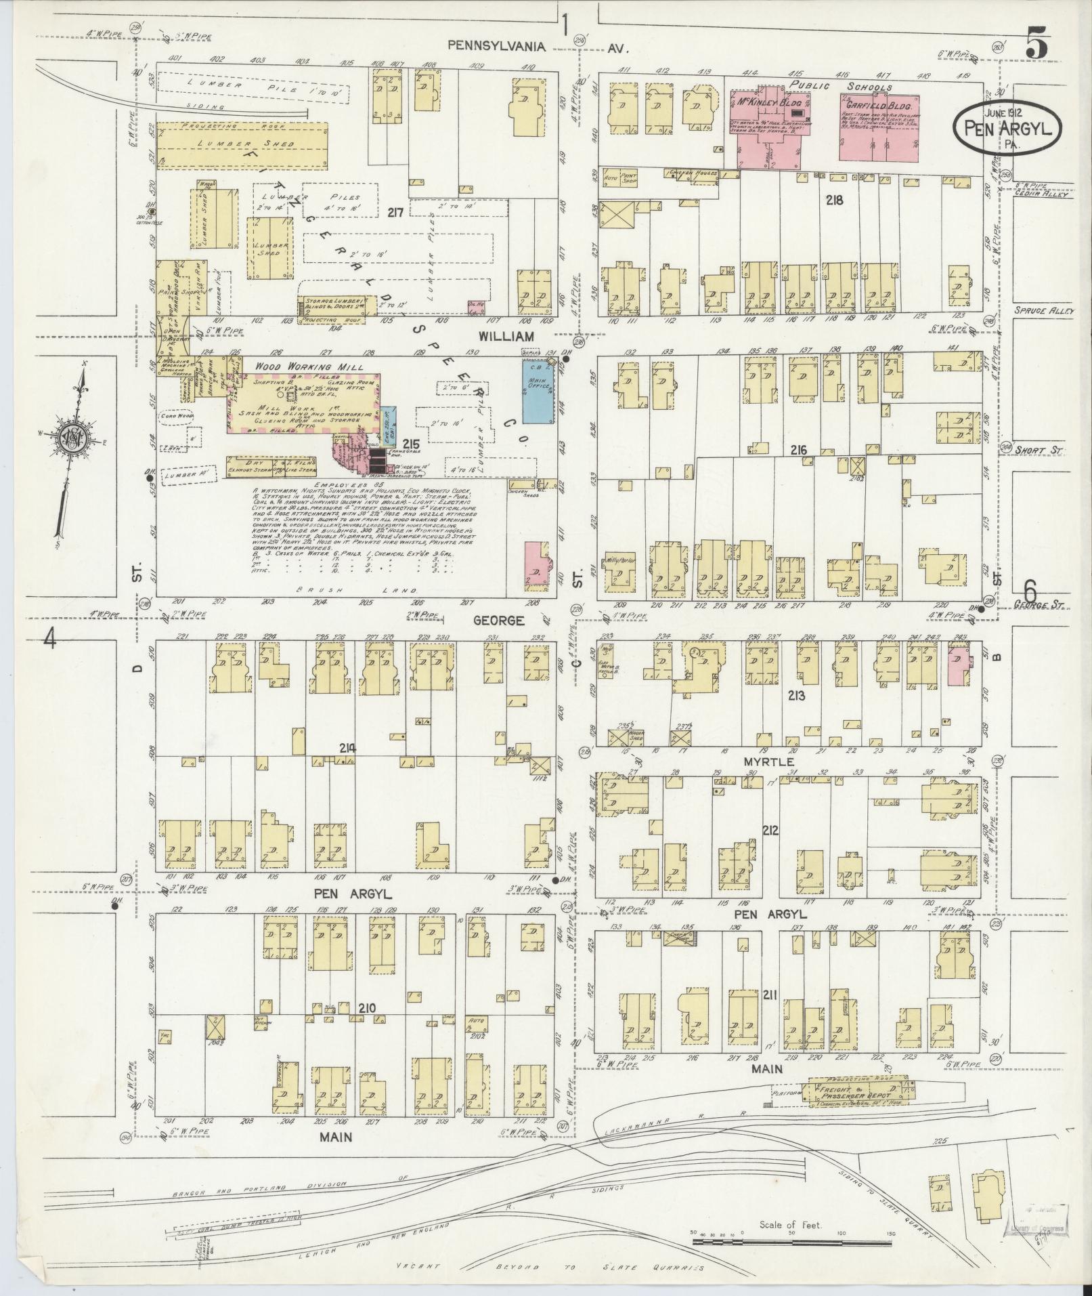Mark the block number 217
pos(395,213)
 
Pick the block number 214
pos(348,748)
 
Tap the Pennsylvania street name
pos(496,46)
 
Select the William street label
pos(505,335)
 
